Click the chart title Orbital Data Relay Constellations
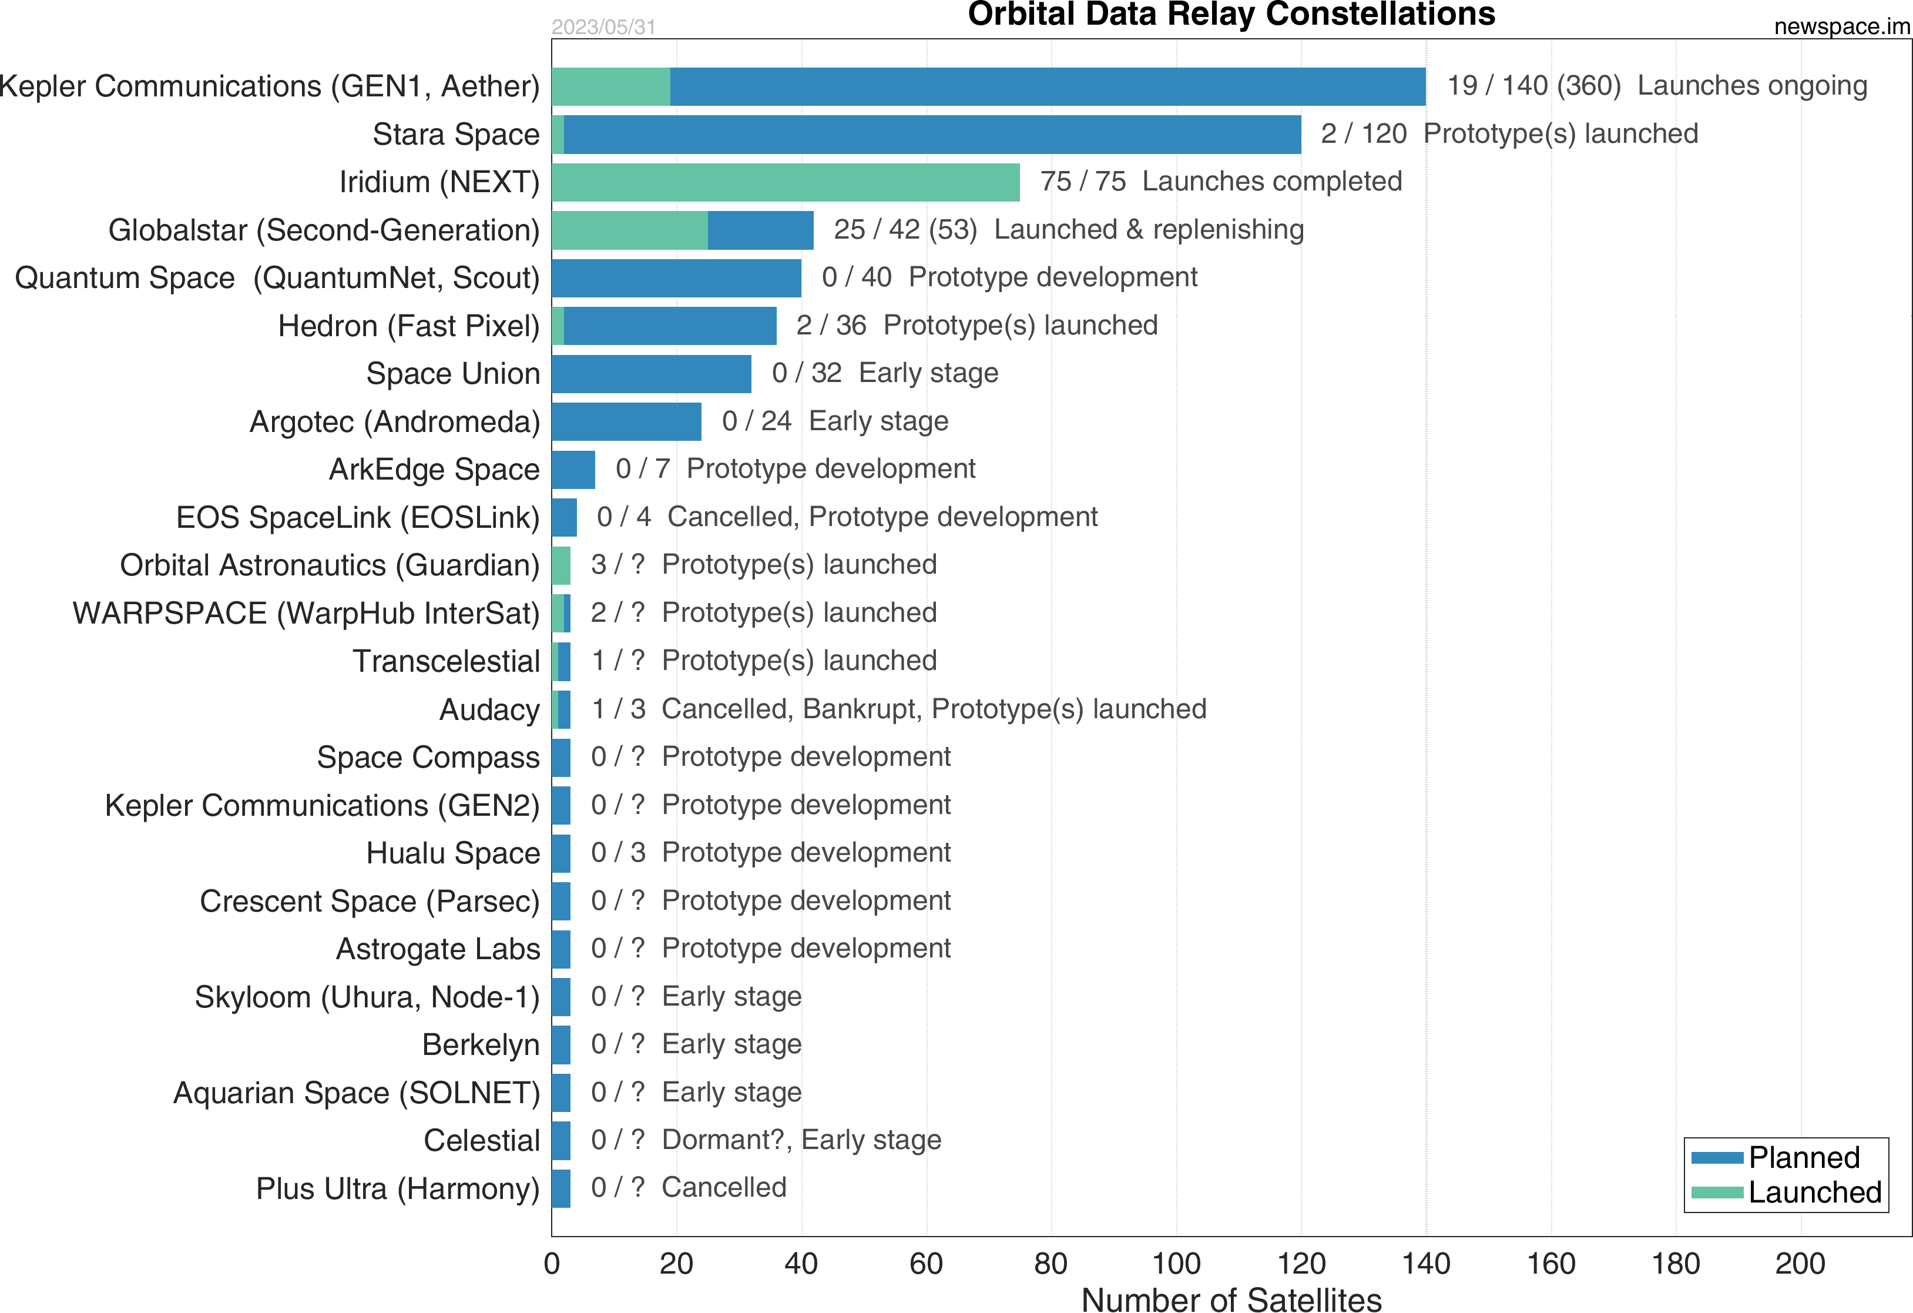pyautogui.click(x=1231, y=15)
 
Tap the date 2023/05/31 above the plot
pyautogui.click(x=603, y=27)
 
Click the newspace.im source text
pyautogui.click(x=1841, y=26)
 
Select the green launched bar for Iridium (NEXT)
pyautogui.click(x=786, y=182)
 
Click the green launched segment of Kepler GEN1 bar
pyautogui.click(x=611, y=86)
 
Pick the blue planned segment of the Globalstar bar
pyautogui.click(x=761, y=230)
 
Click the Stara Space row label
pyautogui.click(x=455, y=134)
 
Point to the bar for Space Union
pyautogui.click(x=651, y=374)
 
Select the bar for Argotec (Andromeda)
pyautogui.click(x=626, y=421)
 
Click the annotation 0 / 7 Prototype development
pyautogui.click(x=795, y=469)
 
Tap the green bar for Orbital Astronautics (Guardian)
pyautogui.click(x=561, y=565)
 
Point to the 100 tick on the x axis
pyautogui.click(x=1176, y=1263)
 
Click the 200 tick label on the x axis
pyautogui.click(x=1800, y=1263)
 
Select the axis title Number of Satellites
pyautogui.click(x=1231, y=1299)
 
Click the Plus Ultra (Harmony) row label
pyautogui.click(x=398, y=1189)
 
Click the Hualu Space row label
pyautogui.click(x=453, y=853)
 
